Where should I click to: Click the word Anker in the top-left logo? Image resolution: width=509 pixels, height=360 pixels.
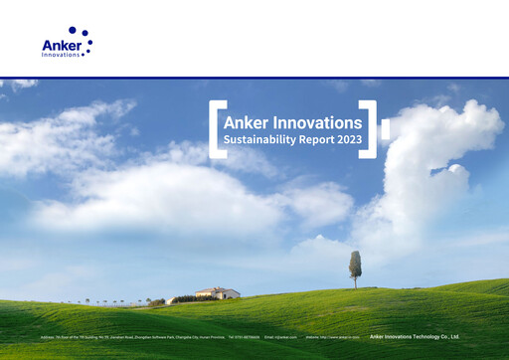point(59,44)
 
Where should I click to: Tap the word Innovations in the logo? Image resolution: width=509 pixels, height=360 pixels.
point(62,54)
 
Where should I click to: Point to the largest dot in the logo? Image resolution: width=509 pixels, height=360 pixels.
point(73,31)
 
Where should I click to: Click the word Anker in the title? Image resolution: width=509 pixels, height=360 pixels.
point(246,122)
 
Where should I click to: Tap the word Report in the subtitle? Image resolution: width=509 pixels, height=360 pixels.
point(323,140)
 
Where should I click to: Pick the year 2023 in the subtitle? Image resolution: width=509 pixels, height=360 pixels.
point(350,140)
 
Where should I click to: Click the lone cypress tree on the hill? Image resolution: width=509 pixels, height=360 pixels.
point(355,265)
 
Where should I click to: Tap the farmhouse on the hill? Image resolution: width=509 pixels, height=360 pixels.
point(218,293)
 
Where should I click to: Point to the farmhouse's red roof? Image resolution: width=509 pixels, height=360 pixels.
point(218,289)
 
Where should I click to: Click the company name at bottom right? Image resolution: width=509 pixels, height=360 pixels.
point(414,337)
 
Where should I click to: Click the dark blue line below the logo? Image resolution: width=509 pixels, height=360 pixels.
point(254,78)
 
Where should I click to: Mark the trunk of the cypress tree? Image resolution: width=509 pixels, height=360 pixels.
point(355,282)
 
